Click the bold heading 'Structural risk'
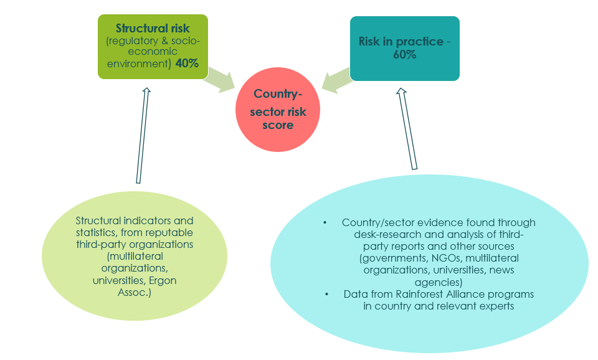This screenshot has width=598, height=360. (153, 28)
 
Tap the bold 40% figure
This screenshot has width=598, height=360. (187, 64)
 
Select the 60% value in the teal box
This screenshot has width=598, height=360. (405, 54)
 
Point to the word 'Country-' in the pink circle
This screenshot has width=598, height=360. (277, 94)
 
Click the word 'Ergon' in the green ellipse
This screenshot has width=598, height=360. (163, 280)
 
